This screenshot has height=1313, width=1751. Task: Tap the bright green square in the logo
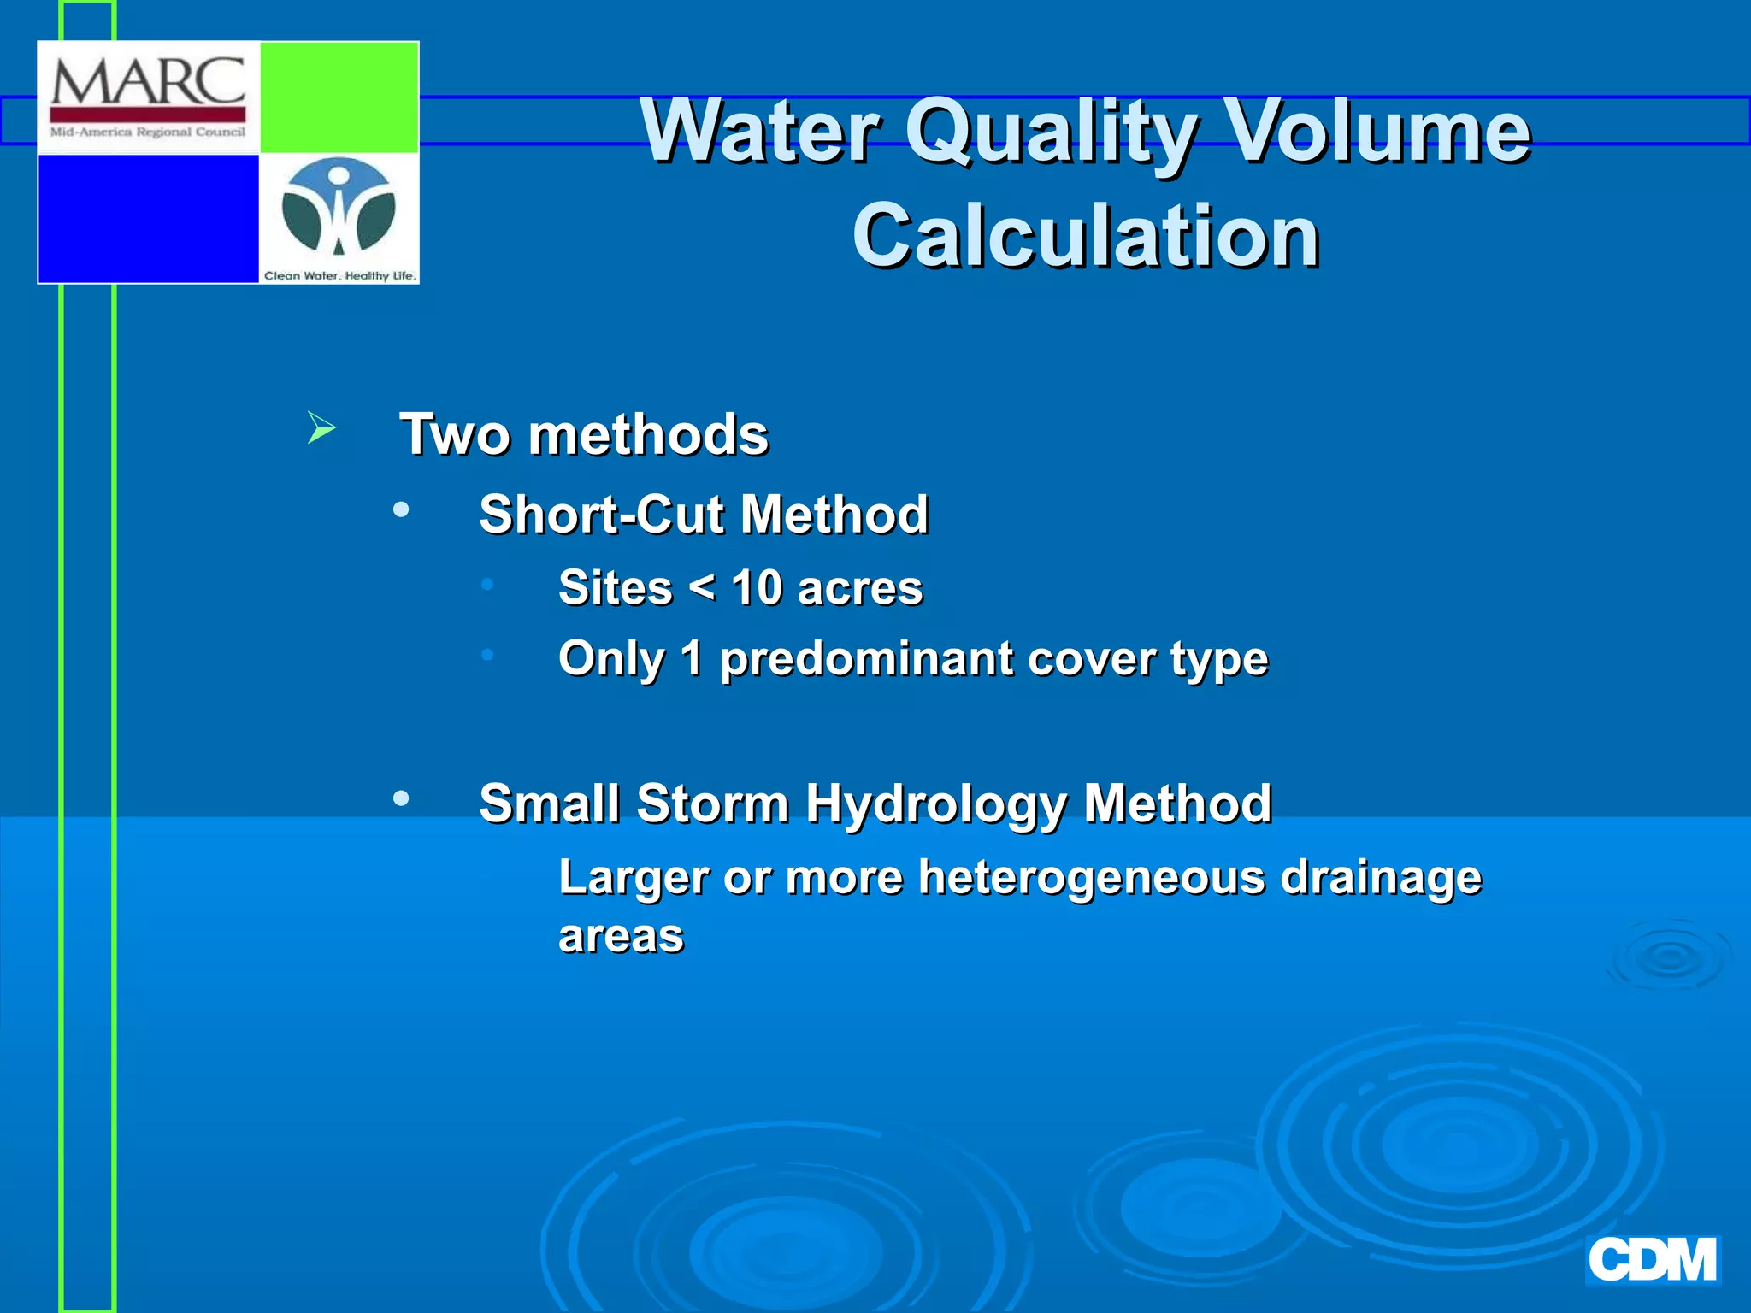click(x=339, y=97)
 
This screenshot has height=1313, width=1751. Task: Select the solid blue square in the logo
click(x=149, y=218)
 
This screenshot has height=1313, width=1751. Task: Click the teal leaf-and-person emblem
click(x=339, y=207)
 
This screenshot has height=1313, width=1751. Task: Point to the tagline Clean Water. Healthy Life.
click(x=339, y=275)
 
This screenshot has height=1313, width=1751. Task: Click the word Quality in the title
click(x=1051, y=132)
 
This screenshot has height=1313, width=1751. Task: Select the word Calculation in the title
click(x=1086, y=236)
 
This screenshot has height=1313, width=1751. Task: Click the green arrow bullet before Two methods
click(x=321, y=427)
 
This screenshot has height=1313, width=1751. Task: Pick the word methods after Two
click(x=648, y=434)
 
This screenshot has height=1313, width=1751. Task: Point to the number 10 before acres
click(x=757, y=588)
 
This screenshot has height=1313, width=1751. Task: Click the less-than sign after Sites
click(x=702, y=588)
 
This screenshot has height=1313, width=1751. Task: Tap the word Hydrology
click(x=935, y=804)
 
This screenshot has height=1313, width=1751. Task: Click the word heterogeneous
click(x=1091, y=878)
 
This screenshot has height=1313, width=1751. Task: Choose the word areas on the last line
click(x=621, y=936)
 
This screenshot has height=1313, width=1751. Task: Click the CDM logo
click(x=1652, y=1260)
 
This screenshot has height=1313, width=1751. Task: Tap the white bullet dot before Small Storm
click(x=401, y=798)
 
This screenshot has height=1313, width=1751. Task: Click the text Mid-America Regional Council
click(x=148, y=132)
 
